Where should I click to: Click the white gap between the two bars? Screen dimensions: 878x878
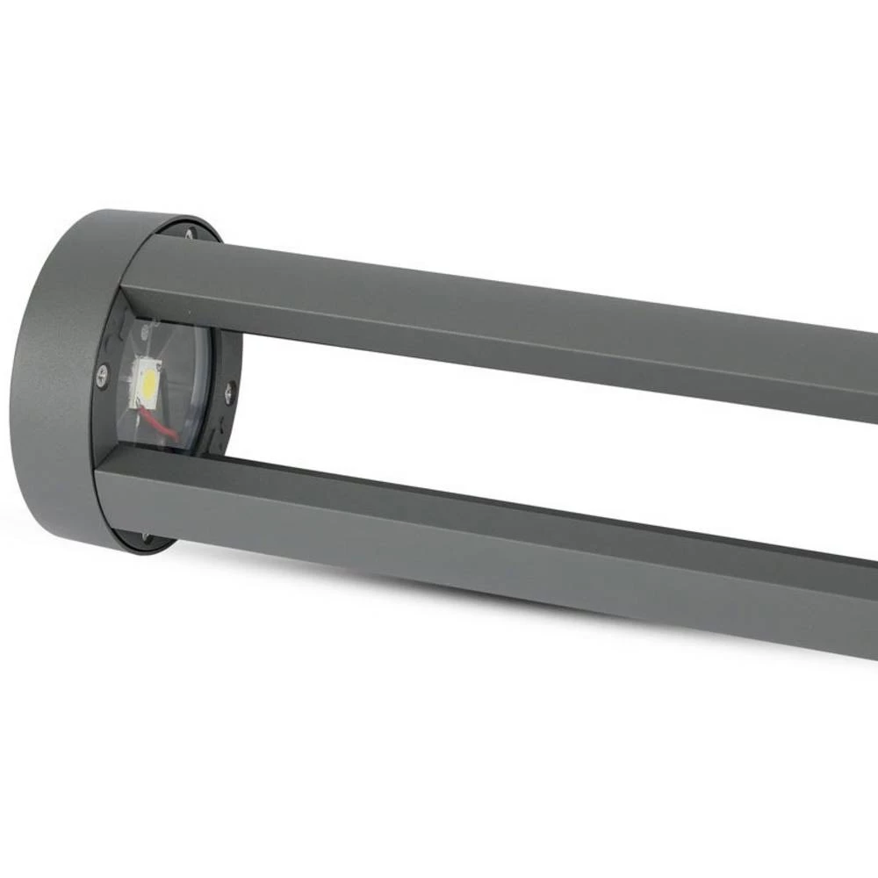click(527, 430)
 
